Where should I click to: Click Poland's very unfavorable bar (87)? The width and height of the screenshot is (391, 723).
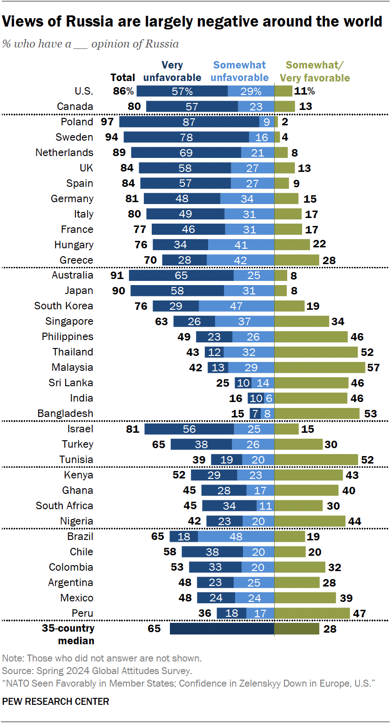click(x=189, y=122)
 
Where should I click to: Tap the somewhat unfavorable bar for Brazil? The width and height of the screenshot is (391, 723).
click(x=236, y=536)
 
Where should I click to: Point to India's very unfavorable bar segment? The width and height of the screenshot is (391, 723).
click(x=256, y=398)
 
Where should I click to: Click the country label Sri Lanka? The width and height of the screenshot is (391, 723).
click(x=71, y=382)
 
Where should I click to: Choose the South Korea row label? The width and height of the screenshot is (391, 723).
click(x=64, y=306)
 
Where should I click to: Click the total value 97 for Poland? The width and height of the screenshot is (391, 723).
click(x=108, y=122)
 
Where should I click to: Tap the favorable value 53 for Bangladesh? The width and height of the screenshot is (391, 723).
click(x=370, y=413)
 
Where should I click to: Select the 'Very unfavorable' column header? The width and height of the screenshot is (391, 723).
click(x=172, y=71)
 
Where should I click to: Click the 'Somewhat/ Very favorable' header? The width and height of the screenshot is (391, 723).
click(x=318, y=71)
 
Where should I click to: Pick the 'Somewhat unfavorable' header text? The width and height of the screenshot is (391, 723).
click(x=240, y=71)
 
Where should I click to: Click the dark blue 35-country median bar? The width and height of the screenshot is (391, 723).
click(x=222, y=628)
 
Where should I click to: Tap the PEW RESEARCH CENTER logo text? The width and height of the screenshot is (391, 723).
click(x=56, y=701)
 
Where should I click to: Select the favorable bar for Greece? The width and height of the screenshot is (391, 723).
click(x=297, y=260)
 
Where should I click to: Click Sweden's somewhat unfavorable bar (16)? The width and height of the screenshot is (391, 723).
click(x=262, y=137)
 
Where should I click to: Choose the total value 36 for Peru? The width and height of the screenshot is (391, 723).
click(x=205, y=613)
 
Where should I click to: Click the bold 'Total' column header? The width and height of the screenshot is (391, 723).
click(x=123, y=77)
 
